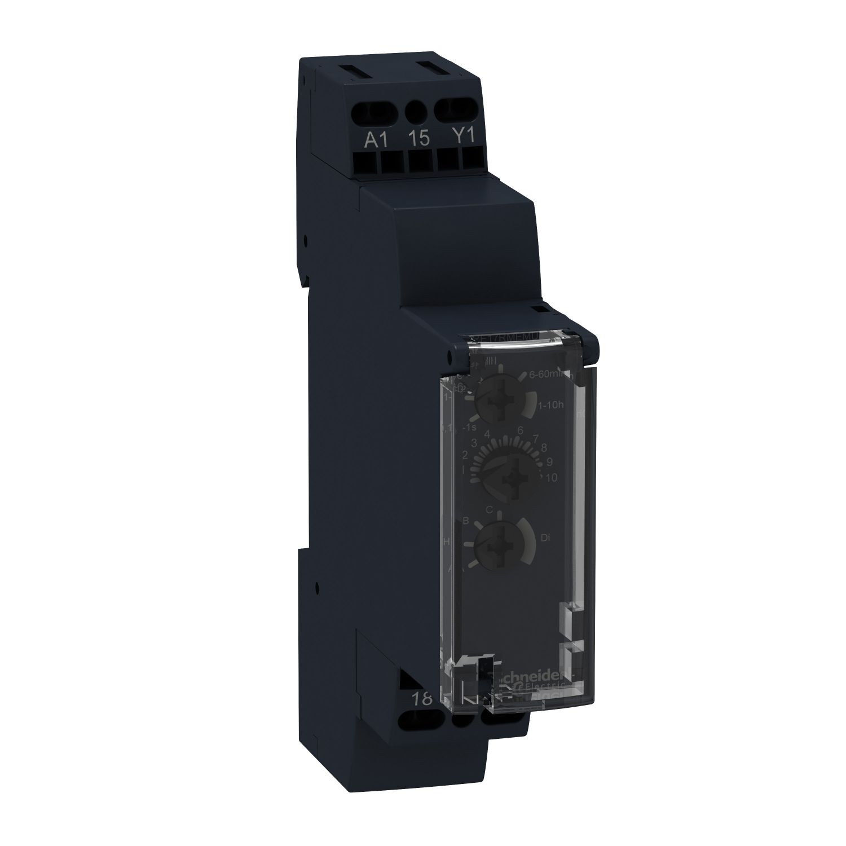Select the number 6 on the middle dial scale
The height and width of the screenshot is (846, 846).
click(x=520, y=430)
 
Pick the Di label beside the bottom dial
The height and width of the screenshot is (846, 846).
click(x=545, y=539)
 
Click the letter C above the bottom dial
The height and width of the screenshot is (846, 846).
click(x=490, y=509)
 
